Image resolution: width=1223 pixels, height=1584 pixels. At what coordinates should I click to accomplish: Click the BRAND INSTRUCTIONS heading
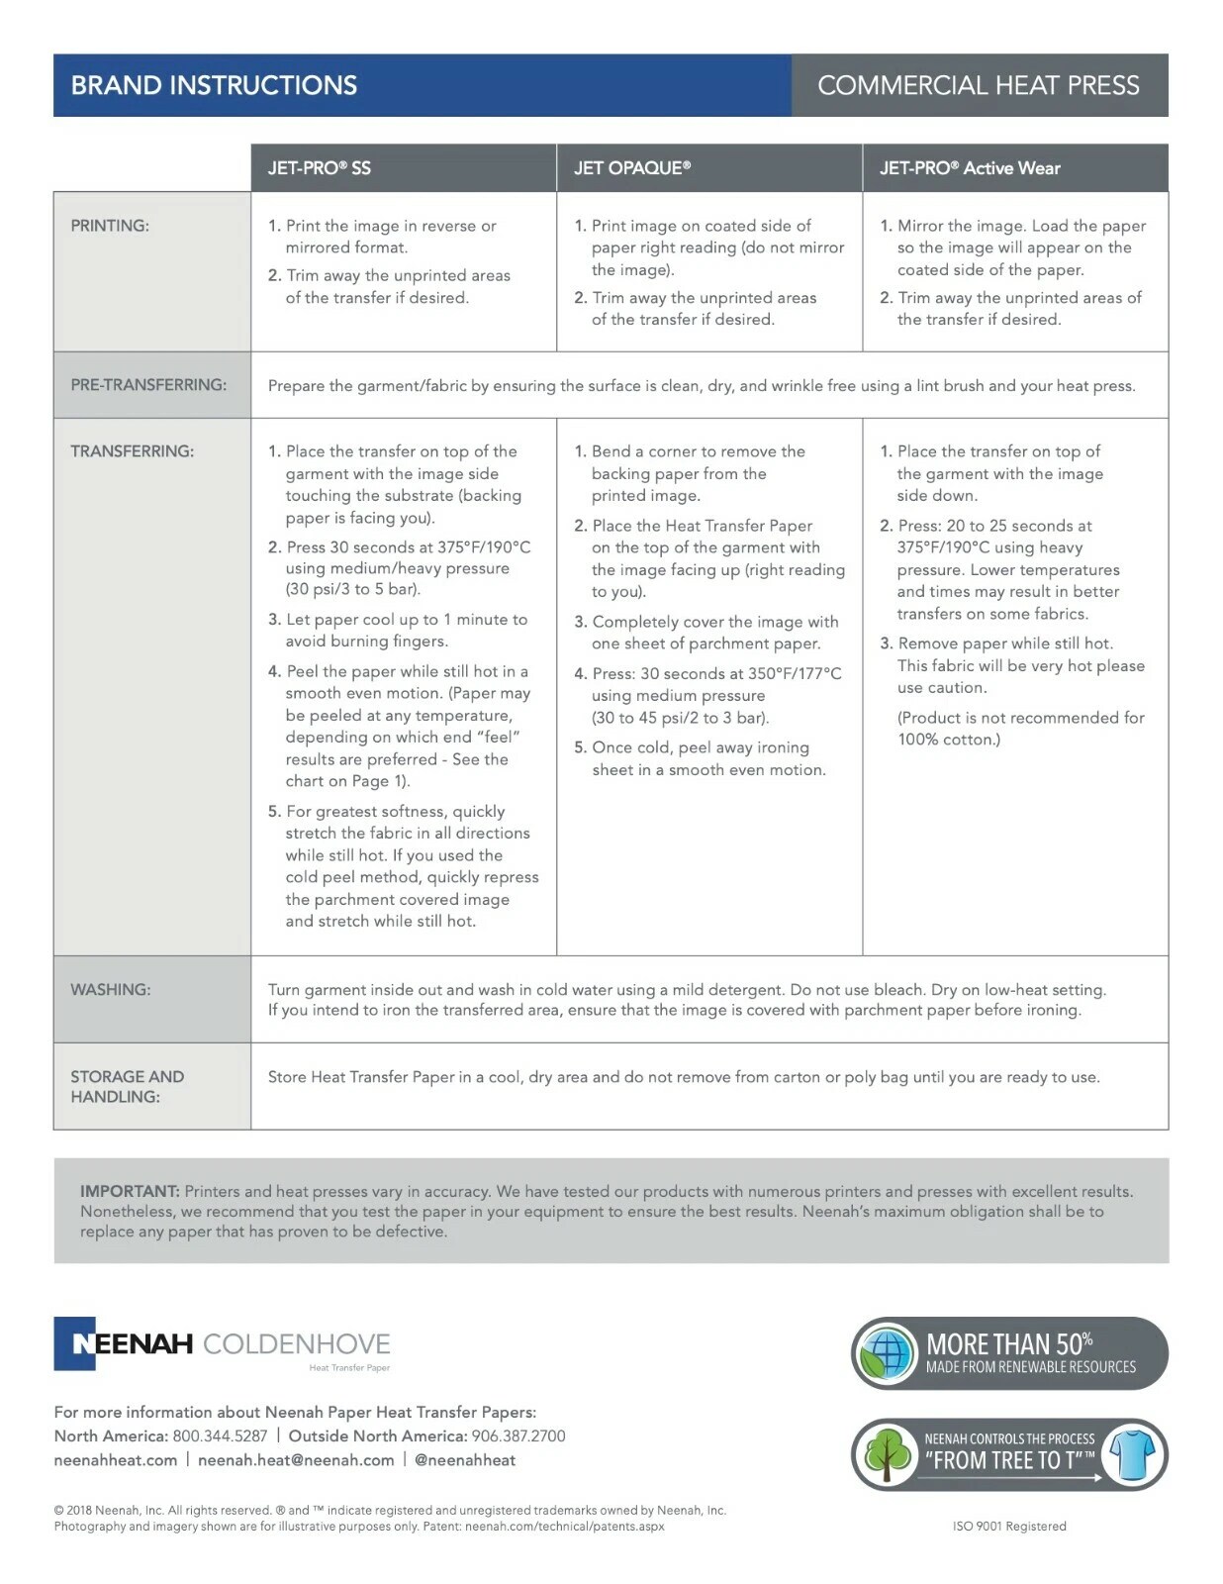214,85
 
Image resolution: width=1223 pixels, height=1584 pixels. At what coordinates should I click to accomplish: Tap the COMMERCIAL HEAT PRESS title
978,85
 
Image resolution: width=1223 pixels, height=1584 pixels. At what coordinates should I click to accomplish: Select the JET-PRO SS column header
319,168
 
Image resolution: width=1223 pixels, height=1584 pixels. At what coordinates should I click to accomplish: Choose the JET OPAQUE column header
631,168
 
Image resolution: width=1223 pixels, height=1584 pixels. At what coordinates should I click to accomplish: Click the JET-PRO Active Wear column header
969,168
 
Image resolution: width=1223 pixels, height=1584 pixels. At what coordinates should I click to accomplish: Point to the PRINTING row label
110,226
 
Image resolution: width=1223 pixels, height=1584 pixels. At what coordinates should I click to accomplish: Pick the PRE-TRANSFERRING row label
148,385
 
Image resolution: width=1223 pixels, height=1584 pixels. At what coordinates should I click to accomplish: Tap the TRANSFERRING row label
132,451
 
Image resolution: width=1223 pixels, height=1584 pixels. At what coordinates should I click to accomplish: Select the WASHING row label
110,989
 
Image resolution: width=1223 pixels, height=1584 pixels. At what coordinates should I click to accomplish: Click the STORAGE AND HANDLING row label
127,1086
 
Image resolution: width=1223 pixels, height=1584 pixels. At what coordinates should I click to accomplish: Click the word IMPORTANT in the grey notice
129,1191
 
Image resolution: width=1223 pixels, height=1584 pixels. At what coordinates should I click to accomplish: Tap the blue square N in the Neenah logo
75,1343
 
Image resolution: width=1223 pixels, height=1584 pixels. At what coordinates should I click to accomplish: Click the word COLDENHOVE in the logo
296,1343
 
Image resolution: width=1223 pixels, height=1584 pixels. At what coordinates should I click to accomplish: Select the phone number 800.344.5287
220,1435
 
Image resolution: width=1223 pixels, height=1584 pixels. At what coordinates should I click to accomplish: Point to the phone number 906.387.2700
517,1435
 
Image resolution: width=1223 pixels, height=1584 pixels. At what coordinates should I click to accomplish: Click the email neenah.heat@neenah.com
296,1460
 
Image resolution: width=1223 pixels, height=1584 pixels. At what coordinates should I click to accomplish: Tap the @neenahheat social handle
465,1460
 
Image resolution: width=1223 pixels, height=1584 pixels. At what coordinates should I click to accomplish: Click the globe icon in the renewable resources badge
887,1352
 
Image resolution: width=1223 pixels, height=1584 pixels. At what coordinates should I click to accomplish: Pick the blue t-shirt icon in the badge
1132,1454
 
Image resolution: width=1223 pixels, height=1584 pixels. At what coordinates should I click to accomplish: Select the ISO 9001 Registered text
1009,1526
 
